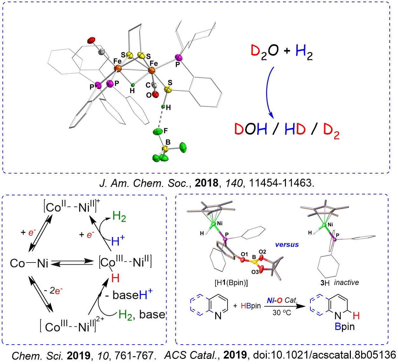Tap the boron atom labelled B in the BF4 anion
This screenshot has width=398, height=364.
[x=166, y=148]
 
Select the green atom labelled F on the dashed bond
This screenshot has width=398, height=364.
[x=158, y=132]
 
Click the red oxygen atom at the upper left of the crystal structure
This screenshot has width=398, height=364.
[x=91, y=40]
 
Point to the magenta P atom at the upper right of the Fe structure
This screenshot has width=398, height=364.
[x=178, y=58]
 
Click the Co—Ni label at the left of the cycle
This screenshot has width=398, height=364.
[x=29, y=263]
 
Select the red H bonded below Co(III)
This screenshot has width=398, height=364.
[x=115, y=278]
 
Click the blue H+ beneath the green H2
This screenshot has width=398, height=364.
[x=118, y=241]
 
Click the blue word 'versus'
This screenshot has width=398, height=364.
[x=287, y=244]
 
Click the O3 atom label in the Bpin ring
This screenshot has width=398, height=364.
[x=255, y=272]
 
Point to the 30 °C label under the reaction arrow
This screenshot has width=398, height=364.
[x=281, y=313]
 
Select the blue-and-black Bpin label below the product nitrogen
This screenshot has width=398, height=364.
[x=345, y=327]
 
